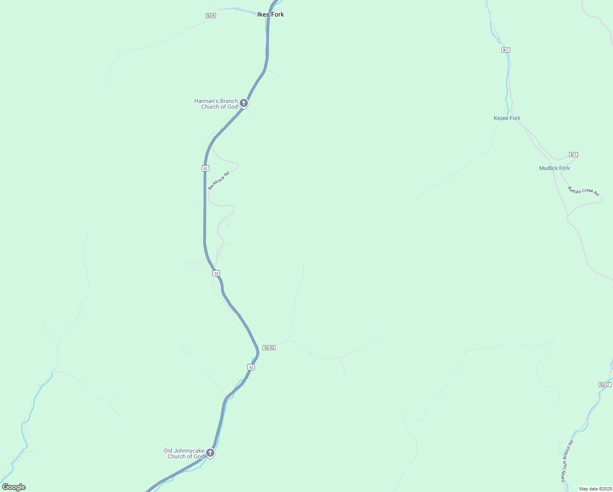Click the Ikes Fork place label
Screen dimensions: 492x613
(x=270, y=14)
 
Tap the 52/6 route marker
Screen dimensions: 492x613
(x=211, y=16)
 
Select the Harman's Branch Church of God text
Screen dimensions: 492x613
(x=216, y=104)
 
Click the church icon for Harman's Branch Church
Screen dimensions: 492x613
(x=244, y=103)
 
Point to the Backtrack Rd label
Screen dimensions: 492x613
(x=218, y=181)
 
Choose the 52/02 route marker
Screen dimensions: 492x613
(x=269, y=348)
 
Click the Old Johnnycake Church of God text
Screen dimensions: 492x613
(x=184, y=453)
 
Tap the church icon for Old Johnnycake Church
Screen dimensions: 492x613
(x=210, y=453)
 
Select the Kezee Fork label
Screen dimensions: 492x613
(x=507, y=118)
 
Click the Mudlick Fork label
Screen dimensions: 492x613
(x=554, y=168)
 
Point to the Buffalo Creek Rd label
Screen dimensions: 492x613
(x=583, y=191)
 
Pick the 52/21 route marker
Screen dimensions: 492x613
(x=605, y=385)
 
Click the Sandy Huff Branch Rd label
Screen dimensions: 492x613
(x=567, y=461)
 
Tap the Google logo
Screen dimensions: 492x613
(x=14, y=487)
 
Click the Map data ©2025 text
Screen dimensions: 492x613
(x=595, y=489)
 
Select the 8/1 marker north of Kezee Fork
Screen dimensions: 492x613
(x=506, y=50)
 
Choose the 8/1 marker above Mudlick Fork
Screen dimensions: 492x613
(x=573, y=155)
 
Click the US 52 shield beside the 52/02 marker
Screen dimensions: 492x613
(x=251, y=367)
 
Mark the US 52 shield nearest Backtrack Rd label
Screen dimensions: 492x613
(x=205, y=168)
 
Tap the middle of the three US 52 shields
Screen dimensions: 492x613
(x=216, y=273)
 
